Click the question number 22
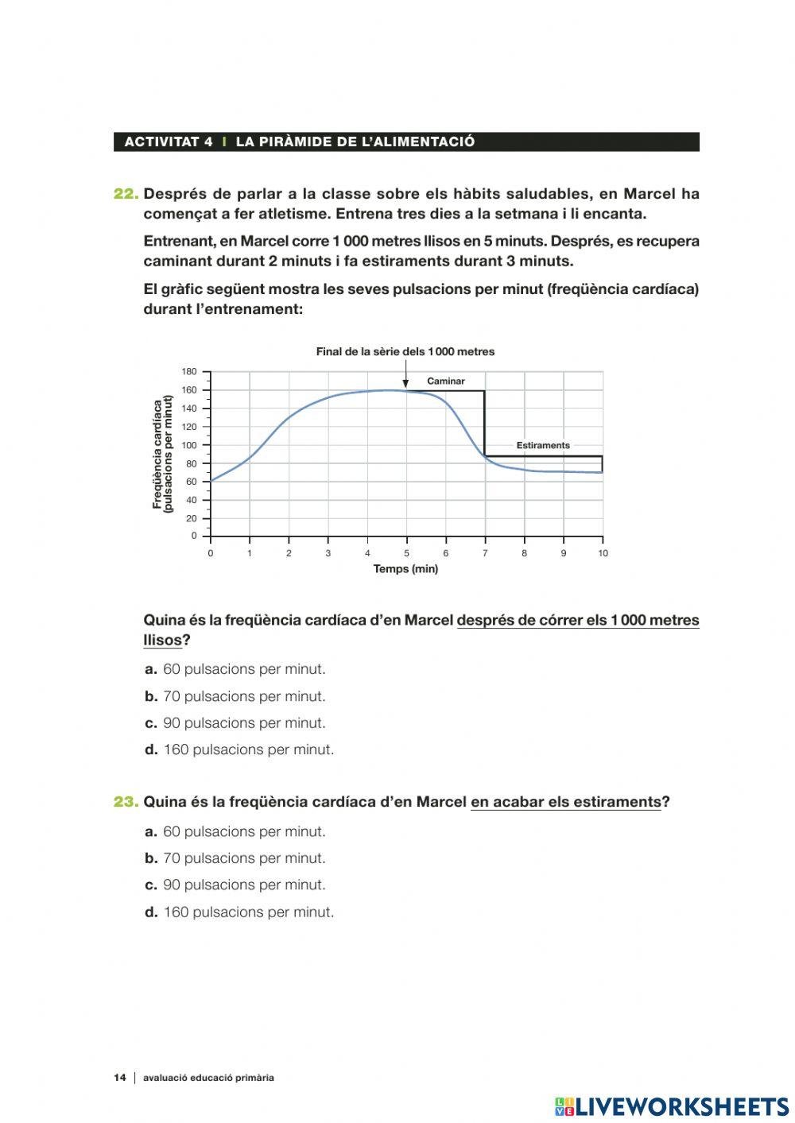pyautogui.click(x=126, y=194)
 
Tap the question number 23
pyautogui.click(x=126, y=802)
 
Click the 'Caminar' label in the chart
pyautogui.click(x=445, y=381)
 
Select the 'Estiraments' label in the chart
pyautogui.click(x=543, y=446)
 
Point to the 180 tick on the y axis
pyautogui.click(x=188, y=372)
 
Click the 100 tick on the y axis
pyautogui.click(x=188, y=445)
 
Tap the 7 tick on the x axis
pyautogui.click(x=485, y=553)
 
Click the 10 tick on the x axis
pyautogui.click(x=603, y=553)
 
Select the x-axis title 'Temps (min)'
pyautogui.click(x=405, y=569)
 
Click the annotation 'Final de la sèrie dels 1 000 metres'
pyautogui.click(x=405, y=352)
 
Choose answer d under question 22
pyautogui.click(x=239, y=749)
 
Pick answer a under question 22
pyautogui.click(x=235, y=669)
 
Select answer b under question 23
pyautogui.click(x=235, y=858)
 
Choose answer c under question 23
pyautogui.click(x=235, y=885)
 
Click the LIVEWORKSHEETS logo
pyautogui.click(x=672, y=1106)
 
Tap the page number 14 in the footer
pyautogui.click(x=120, y=1078)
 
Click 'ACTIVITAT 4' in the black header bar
pyautogui.click(x=169, y=142)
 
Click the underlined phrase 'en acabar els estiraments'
pyautogui.click(x=565, y=802)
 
